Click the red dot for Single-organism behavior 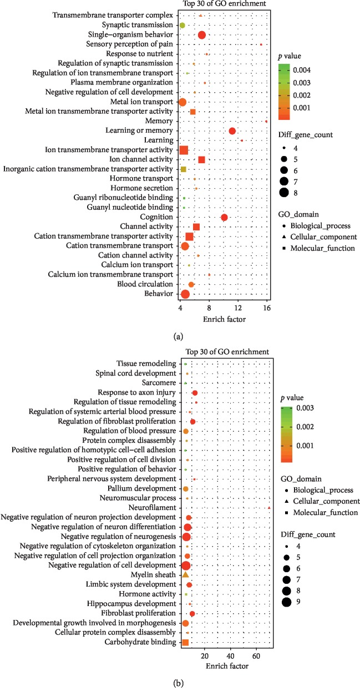(x=202, y=35)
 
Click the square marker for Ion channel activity (x=201, y=160)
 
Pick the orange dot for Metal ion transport (x=182, y=102)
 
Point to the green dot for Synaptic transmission (x=182, y=26)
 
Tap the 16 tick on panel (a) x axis (x=266, y=309)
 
